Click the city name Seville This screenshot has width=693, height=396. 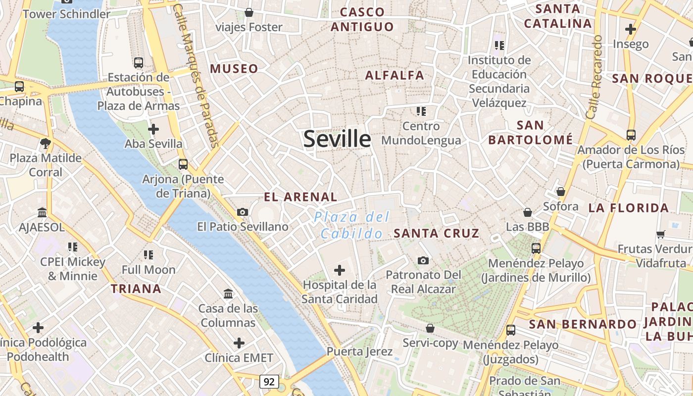pyautogui.click(x=337, y=139)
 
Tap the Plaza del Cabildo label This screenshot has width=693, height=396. pyautogui.click(x=352, y=225)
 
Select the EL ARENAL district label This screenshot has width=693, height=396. pyautogui.click(x=300, y=197)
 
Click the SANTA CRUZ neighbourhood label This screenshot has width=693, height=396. pyautogui.click(x=436, y=233)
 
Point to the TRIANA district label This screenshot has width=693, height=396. pyautogui.click(x=136, y=289)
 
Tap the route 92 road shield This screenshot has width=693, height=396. pyautogui.click(x=269, y=382)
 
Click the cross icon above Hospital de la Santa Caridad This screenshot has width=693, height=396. pyautogui.click(x=340, y=270)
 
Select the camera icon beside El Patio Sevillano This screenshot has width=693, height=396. pyautogui.click(x=243, y=212)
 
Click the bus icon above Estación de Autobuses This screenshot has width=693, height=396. pyautogui.click(x=139, y=63)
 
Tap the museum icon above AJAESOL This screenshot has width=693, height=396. pyautogui.click(x=42, y=213)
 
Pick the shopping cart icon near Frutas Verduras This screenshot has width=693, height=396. pyautogui.click(x=660, y=234)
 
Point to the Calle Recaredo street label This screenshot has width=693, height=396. pyautogui.click(x=594, y=77)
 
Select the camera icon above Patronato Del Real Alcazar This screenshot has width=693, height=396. pyautogui.click(x=423, y=260)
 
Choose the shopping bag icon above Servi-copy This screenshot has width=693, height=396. pyautogui.click(x=430, y=328)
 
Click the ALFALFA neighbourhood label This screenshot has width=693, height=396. pyautogui.click(x=395, y=75)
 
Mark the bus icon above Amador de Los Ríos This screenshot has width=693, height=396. pyautogui.click(x=631, y=135)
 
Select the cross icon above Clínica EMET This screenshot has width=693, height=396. pyautogui.click(x=239, y=343)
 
